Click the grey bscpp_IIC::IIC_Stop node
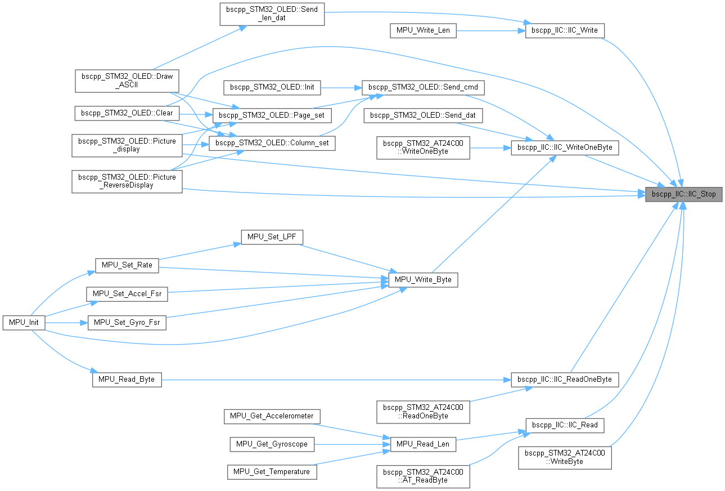[683, 194]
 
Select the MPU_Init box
[23, 323]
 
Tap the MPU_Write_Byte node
[423, 279]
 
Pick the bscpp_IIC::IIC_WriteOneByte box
[565, 148]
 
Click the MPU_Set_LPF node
[272, 237]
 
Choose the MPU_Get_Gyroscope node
[272, 444]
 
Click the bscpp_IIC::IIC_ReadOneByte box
[565, 379]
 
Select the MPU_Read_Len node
[423, 444]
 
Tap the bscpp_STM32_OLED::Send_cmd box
[423, 87]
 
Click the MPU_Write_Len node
[423, 30]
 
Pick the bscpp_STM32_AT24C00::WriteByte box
[565, 457]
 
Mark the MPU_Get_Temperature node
[272, 471]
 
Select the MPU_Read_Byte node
[127, 380]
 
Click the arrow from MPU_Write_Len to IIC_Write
[489, 30]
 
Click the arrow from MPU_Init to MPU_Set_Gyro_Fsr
[65, 323]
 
